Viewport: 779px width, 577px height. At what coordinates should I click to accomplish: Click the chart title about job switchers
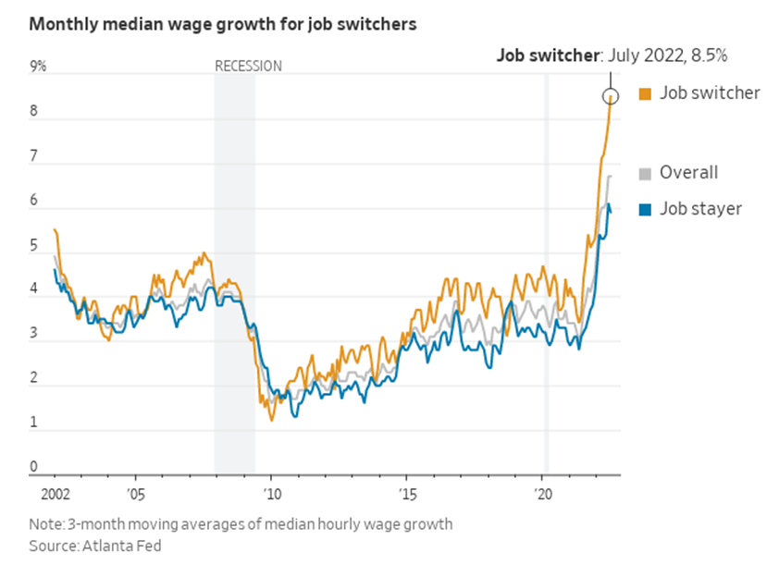pyautogui.click(x=222, y=25)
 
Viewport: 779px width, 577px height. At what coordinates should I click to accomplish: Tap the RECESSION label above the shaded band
pyautogui.click(x=248, y=66)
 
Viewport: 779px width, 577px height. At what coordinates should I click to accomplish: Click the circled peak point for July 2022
pyautogui.click(x=610, y=96)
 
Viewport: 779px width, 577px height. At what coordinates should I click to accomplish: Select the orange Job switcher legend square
pyautogui.click(x=646, y=93)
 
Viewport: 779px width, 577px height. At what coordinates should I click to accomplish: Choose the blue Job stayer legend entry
pyautogui.click(x=699, y=209)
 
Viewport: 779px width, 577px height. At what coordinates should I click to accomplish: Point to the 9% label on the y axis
pyautogui.click(x=38, y=67)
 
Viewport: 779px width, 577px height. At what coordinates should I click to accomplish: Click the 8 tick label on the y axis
pyautogui.click(x=34, y=111)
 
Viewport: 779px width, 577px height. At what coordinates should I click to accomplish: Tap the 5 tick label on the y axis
pyautogui.click(x=34, y=246)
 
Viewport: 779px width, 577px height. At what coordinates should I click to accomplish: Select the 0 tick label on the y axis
pyautogui.click(x=34, y=467)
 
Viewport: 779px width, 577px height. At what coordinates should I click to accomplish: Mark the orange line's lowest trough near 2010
pyautogui.click(x=271, y=420)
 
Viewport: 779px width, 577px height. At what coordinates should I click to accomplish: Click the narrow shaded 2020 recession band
pyautogui.click(x=546, y=277)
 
